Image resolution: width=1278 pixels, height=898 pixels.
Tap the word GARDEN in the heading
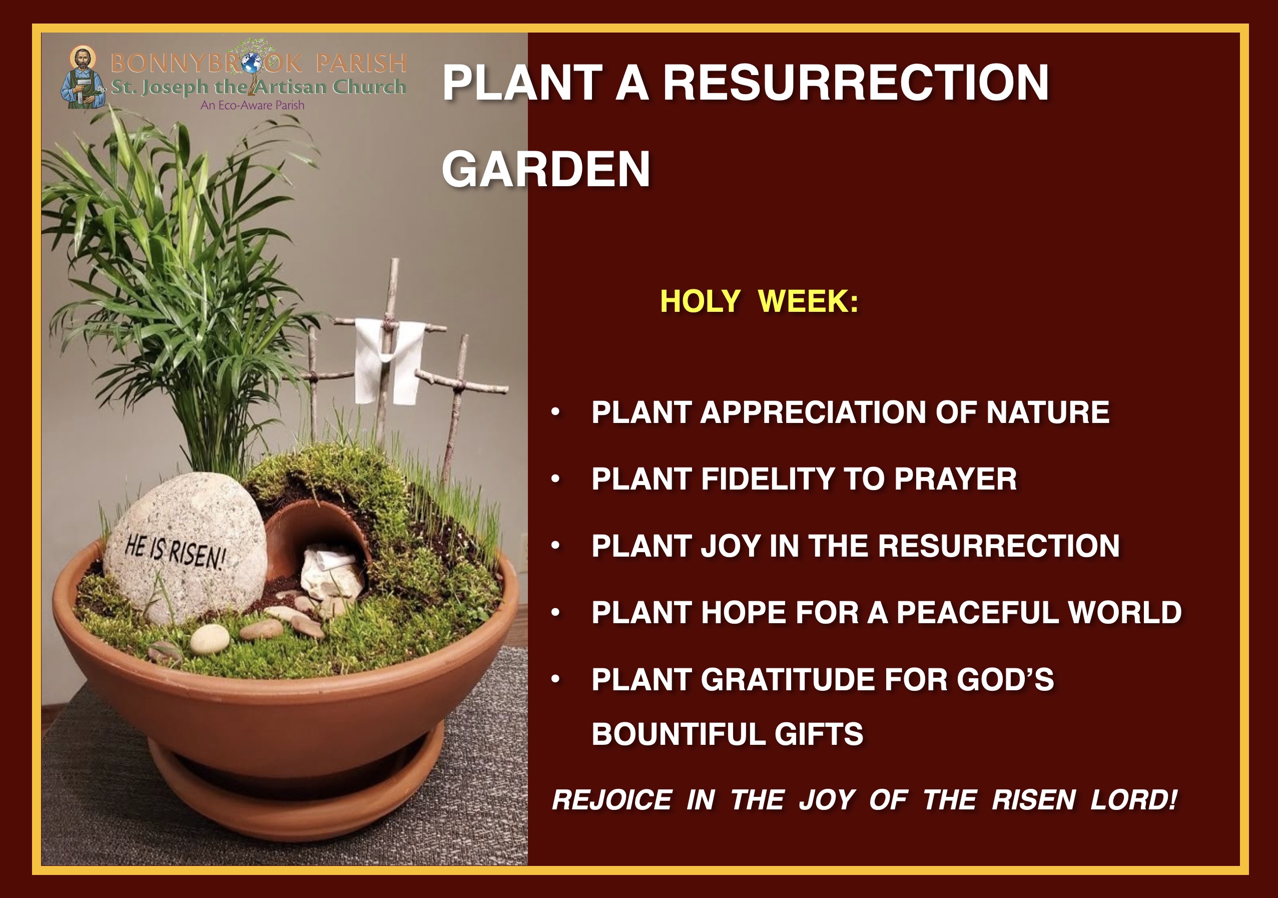coord(546,169)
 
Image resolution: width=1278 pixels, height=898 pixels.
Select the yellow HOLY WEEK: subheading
coord(759,301)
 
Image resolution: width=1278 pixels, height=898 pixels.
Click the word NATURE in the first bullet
coord(1047,412)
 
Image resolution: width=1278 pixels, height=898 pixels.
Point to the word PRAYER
coord(956,479)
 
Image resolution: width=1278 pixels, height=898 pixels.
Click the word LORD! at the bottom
coord(1134,800)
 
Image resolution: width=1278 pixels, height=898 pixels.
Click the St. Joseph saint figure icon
coord(83,78)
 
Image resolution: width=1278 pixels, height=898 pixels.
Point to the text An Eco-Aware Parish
coord(253,105)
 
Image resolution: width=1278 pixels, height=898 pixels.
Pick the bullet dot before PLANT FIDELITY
coord(555,479)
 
